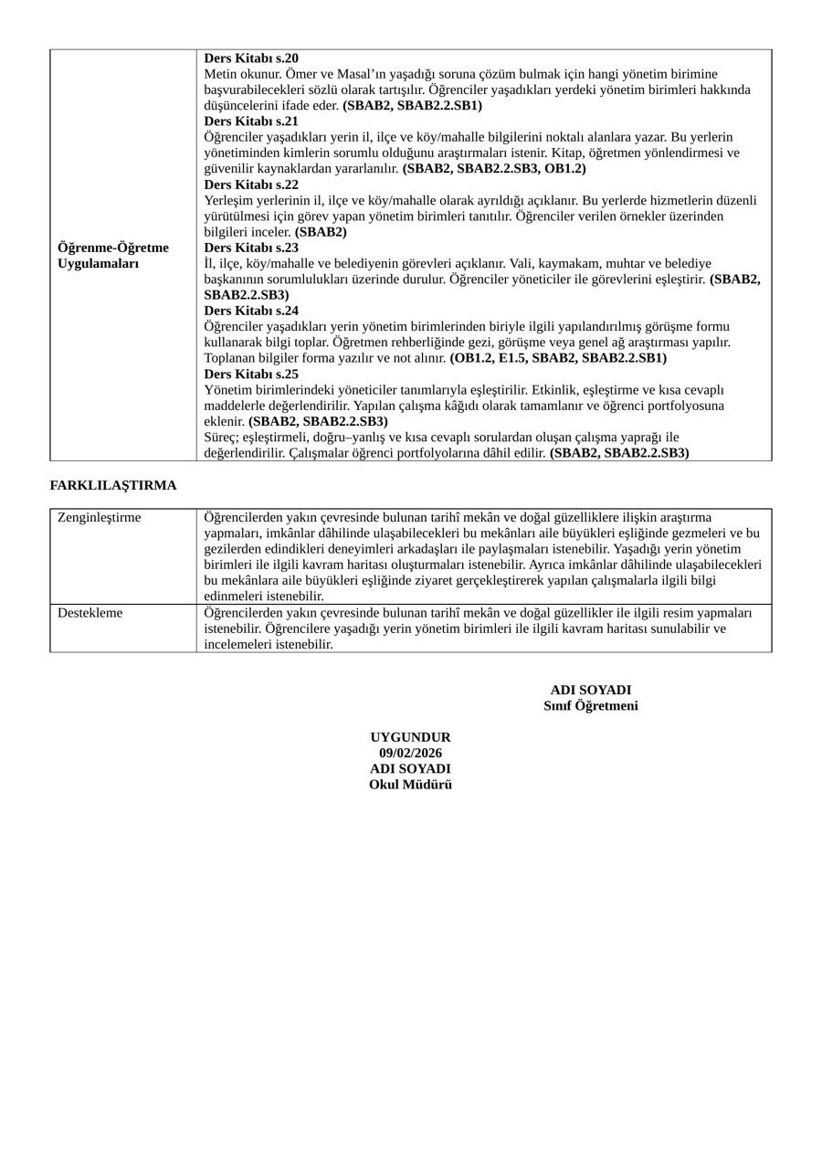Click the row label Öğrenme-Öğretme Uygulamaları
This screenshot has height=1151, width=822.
point(112,256)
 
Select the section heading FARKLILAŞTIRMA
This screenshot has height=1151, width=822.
point(113,485)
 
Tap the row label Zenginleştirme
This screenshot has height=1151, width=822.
point(100,517)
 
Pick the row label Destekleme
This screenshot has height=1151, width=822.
point(90,613)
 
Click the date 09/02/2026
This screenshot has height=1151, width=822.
point(410,753)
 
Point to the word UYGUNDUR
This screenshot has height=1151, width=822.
point(410,737)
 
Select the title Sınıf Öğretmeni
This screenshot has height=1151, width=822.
point(591,706)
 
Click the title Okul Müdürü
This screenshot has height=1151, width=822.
point(410,785)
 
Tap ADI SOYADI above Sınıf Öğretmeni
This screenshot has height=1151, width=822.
point(591,690)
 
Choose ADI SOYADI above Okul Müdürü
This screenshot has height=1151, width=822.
point(410,769)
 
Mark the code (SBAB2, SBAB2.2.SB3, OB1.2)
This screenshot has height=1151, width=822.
point(494,168)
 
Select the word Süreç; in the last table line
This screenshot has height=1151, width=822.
point(222,437)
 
